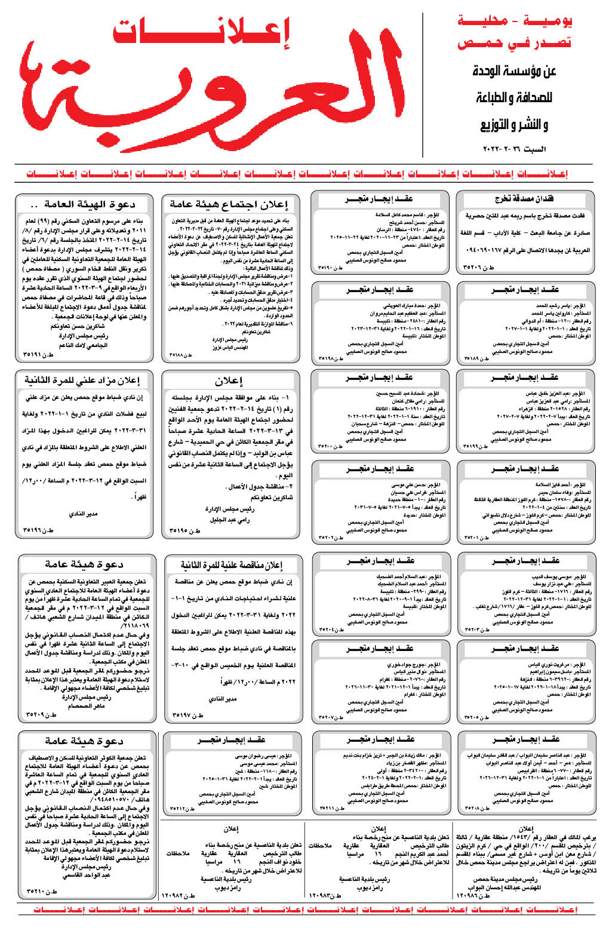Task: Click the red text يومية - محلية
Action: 515,21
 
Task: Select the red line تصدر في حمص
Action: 515,43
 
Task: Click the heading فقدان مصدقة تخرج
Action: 525,199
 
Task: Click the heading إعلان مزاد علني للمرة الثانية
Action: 82,380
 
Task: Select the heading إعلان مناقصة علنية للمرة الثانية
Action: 231,564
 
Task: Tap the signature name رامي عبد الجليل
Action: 229,520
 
